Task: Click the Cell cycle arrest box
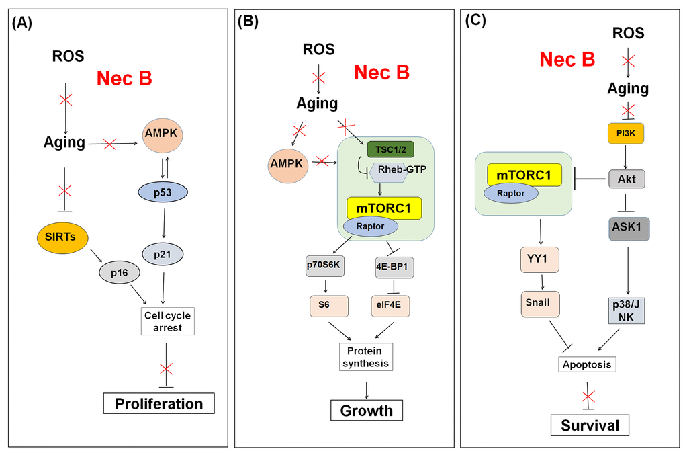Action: click(x=168, y=321)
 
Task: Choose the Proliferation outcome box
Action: click(x=158, y=403)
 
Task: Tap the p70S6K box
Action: click(x=325, y=265)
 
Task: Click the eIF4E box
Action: click(x=391, y=305)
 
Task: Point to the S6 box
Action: click(x=325, y=305)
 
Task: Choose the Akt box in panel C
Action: click(x=626, y=178)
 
